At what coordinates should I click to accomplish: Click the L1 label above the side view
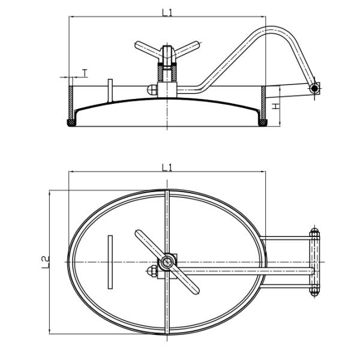coord(167,13)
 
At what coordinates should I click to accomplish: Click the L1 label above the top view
coord(167,168)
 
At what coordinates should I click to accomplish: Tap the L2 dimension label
coord(45,262)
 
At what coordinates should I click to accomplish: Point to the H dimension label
coord(275,106)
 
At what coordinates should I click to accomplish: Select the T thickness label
coord(85,73)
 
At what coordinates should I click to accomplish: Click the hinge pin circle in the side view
coord(314,88)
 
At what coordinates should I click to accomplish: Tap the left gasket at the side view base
coord(71,123)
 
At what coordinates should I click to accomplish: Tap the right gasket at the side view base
coord(263,123)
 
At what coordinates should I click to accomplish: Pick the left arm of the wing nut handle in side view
coord(148,49)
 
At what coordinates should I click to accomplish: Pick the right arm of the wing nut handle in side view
coord(186,49)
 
